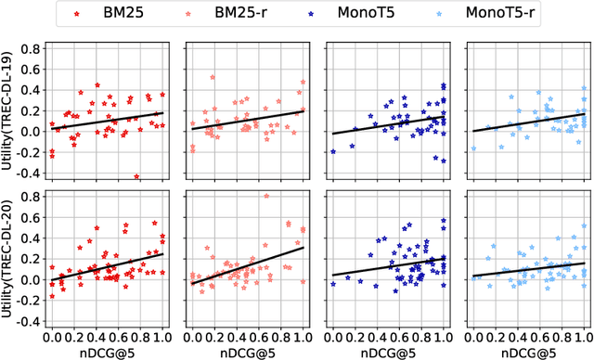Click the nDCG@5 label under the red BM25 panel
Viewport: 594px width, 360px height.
pyautogui.click(x=106, y=353)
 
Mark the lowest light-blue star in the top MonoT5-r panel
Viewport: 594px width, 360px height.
pyautogui.click(x=473, y=148)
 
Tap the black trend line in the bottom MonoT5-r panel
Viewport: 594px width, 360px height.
pyautogui.click(x=529, y=269)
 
